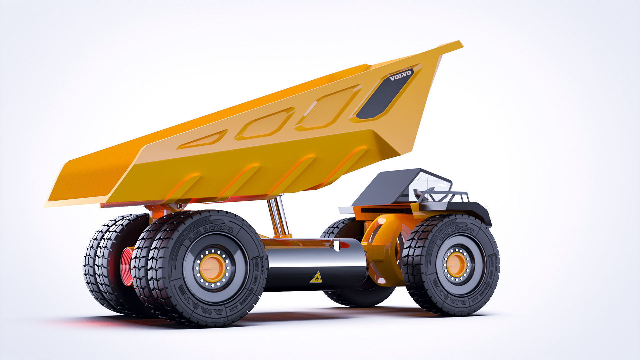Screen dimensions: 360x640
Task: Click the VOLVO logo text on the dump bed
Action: pyautogui.click(x=401, y=75)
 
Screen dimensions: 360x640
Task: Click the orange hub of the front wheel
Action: pyautogui.click(x=456, y=264)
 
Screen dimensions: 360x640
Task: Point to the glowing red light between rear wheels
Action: pyautogui.click(x=127, y=267)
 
